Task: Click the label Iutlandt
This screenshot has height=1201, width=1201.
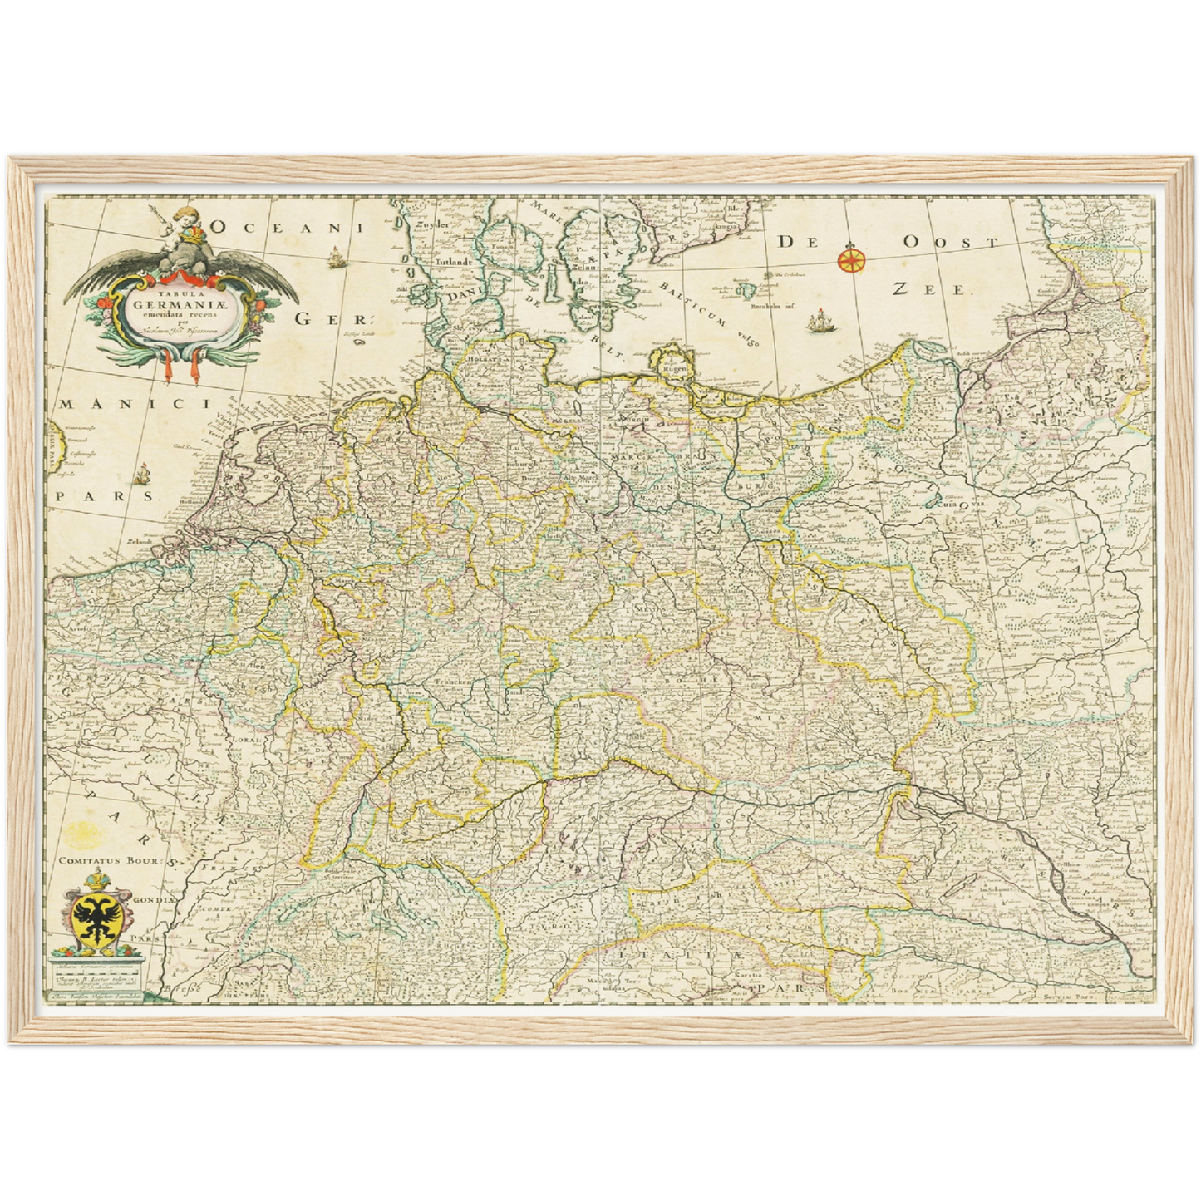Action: coord(441,260)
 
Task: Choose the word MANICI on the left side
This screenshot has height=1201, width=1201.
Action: coord(131,404)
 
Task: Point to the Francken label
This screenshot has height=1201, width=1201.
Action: coord(451,682)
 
